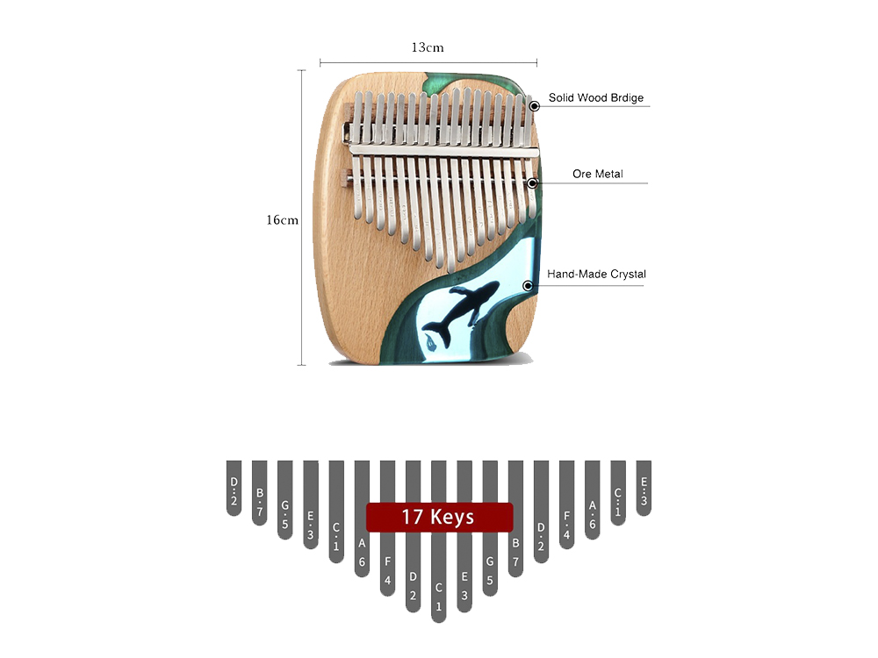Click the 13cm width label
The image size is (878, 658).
(428, 47)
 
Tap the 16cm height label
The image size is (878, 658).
(282, 220)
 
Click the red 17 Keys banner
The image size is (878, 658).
(440, 517)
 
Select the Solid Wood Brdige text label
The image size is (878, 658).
(596, 97)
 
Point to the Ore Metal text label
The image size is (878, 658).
(597, 174)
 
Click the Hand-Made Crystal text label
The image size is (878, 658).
(596, 274)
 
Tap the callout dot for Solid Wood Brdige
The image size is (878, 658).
(535, 106)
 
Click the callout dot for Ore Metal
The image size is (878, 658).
(532, 183)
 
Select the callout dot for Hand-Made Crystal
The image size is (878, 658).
(528, 286)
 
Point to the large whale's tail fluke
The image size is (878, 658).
(436, 332)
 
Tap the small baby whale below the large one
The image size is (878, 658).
(430, 342)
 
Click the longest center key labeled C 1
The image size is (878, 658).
(439, 541)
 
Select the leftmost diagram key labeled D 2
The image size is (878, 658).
(234, 488)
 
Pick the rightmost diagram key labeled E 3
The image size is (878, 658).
(644, 488)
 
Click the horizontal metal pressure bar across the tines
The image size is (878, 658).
(443, 151)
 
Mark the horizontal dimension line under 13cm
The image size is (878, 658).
(428, 62)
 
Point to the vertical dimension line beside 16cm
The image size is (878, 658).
(302, 218)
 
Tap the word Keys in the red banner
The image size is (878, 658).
(452, 518)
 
